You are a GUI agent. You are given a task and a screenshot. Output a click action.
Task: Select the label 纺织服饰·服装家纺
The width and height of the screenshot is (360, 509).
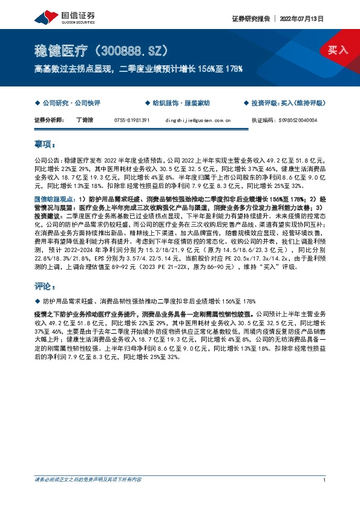180,103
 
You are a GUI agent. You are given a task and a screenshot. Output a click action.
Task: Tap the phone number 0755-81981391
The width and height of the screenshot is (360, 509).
132,120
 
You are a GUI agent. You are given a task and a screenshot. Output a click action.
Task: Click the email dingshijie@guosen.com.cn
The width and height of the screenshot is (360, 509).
198,120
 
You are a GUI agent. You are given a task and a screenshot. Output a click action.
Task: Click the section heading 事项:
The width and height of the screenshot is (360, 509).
45,144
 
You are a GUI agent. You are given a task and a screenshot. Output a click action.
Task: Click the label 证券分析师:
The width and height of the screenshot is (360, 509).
50,120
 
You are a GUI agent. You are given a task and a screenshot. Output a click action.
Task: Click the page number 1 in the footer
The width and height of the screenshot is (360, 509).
325,481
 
